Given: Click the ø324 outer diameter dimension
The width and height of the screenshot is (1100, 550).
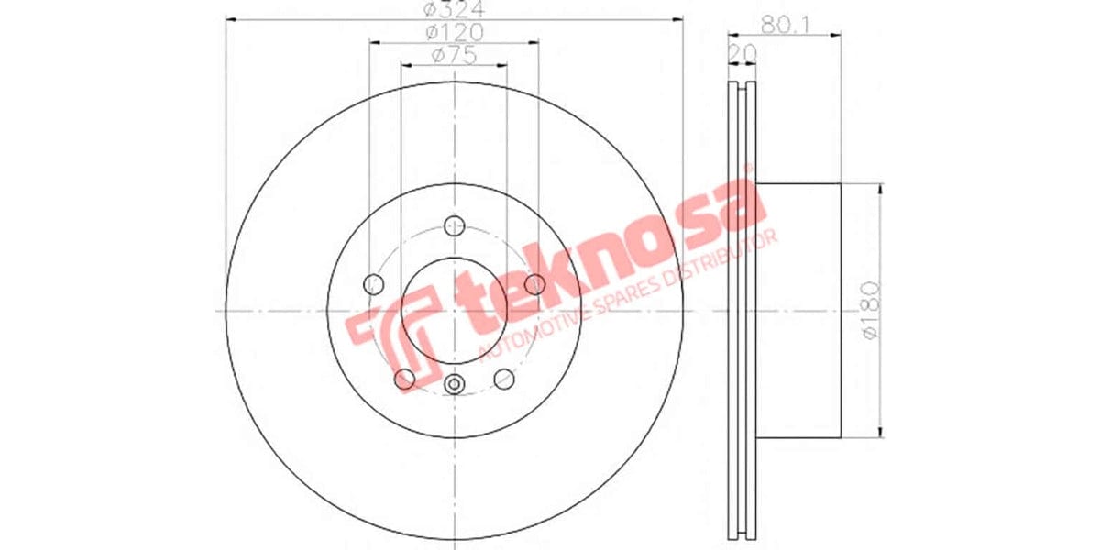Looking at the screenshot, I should tap(454, 10).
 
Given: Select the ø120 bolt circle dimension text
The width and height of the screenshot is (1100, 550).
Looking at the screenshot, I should tap(454, 32).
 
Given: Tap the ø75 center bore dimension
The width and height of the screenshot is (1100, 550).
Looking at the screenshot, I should tap(454, 56).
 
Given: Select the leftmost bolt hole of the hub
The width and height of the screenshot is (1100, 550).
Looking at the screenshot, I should tap(374, 284).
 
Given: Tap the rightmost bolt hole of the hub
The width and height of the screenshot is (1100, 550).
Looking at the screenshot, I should tap(535, 284).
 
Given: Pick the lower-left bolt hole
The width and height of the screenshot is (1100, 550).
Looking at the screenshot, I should tap(404, 378).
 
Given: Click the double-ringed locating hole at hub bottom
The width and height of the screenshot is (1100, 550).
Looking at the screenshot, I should tap(454, 385).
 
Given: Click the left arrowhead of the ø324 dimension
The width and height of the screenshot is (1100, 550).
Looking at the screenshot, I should tap(230, 19).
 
